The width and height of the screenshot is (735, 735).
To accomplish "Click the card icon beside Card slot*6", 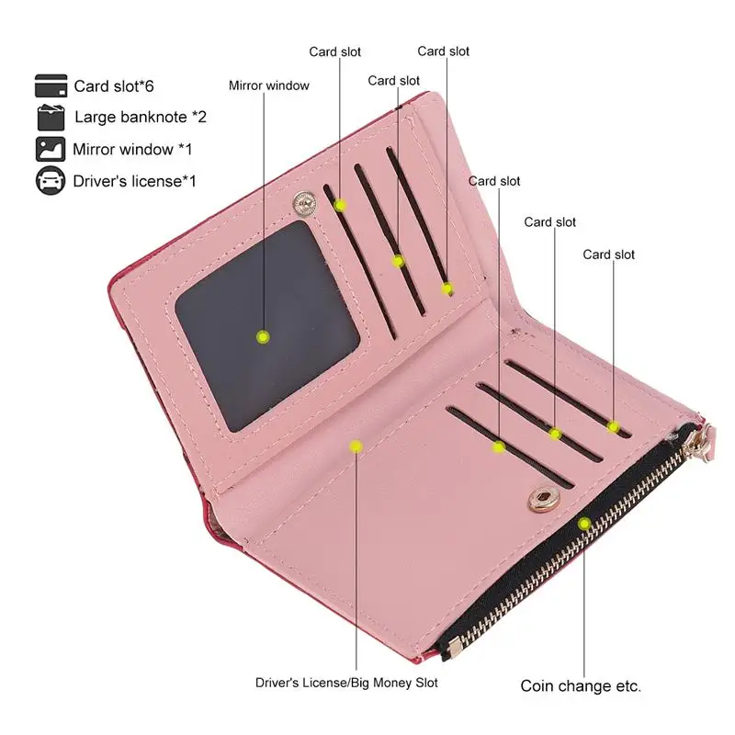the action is click(x=51, y=85).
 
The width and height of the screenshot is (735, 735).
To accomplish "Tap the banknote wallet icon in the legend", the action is click(x=51, y=118).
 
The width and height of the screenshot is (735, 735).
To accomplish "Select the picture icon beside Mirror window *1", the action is click(x=51, y=149).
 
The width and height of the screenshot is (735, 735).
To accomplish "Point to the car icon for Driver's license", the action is click(x=51, y=180).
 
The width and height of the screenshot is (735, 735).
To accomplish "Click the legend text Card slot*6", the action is click(x=114, y=86).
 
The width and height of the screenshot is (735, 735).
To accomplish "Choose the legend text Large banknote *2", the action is click(x=141, y=118).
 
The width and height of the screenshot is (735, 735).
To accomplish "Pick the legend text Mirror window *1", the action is click(x=132, y=149).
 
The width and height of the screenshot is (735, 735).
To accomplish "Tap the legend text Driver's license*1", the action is click(x=135, y=181).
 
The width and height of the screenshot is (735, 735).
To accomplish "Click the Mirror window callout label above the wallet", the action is click(x=269, y=85).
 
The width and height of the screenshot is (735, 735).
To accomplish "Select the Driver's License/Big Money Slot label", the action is click(x=346, y=683).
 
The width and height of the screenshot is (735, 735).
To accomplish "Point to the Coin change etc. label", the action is click(x=581, y=685).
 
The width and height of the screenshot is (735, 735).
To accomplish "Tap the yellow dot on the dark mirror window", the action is click(x=263, y=337).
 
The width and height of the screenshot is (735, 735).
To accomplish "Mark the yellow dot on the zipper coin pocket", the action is click(x=583, y=524).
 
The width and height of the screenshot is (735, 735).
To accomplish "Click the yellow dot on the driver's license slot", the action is click(x=356, y=446).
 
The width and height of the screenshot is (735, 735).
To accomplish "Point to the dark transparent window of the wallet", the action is click(x=266, y=322).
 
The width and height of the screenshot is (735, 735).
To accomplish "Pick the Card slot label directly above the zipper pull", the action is click(x=608, y=254).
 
